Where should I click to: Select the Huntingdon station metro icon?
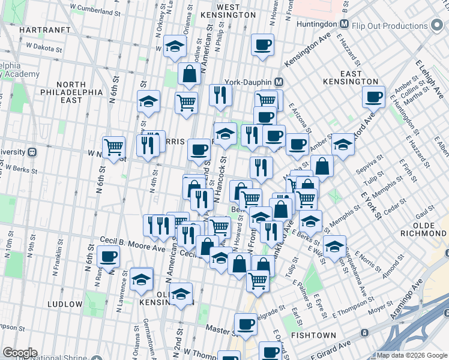(x=344, y=25)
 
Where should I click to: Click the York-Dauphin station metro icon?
(x=279, y=82)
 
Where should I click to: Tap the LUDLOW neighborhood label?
(x=62, y=304)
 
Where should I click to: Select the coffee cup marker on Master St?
(x=246, y=324)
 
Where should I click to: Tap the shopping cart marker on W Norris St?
(x=113, y=146)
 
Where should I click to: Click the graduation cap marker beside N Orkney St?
(x=175, y=47)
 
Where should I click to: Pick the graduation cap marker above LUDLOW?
(x=142, y=279)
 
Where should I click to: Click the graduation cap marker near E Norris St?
(x=334, y=245)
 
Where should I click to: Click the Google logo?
(x=20, y=353)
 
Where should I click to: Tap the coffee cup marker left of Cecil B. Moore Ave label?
(x=108, y=257)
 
